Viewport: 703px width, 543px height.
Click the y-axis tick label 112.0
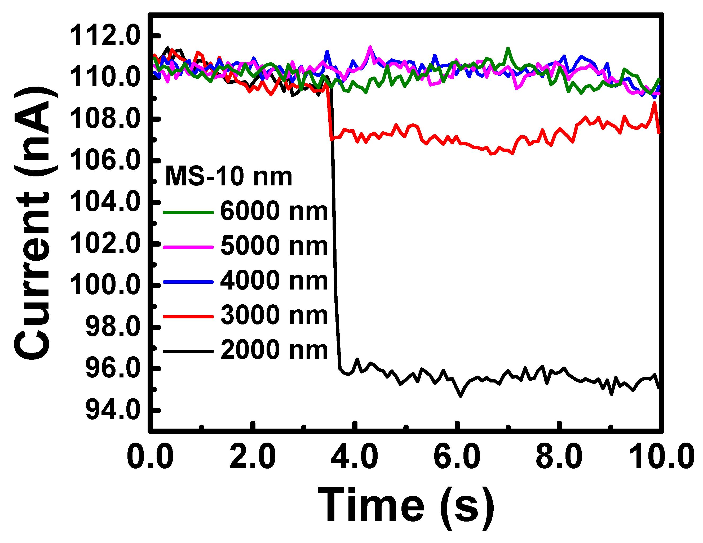[x=105, y=36]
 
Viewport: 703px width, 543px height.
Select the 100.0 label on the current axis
[x=105, y=285]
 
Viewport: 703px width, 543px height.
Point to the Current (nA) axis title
[x=32, y=224]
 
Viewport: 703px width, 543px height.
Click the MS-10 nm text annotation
[x=228, y=177]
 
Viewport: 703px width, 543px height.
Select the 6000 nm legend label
[x=274, y=212]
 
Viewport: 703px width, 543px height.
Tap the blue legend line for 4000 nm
[x=188, y=282]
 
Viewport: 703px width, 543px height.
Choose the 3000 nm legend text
[x=274, y=315]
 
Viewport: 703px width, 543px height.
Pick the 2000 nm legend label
[x=274, y=350]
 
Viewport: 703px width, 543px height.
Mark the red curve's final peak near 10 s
[x=655, y=103]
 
